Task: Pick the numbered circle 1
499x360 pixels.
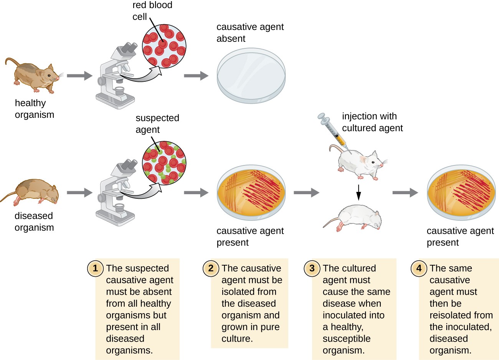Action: (95, 268)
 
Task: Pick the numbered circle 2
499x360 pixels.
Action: (211, 268)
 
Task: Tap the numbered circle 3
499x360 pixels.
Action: (312, 268)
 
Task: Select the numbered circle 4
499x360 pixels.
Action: (419, 268)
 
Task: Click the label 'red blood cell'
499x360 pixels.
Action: (152, 11)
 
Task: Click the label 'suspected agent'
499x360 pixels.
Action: (157, 124)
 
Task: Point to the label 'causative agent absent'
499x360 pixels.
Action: (250, 33)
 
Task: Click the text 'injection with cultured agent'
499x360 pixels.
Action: (372, 122)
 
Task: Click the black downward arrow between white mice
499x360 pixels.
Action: (358, 192)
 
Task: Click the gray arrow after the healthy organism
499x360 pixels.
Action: (79, 76)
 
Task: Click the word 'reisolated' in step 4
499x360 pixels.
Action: (461, 315)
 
